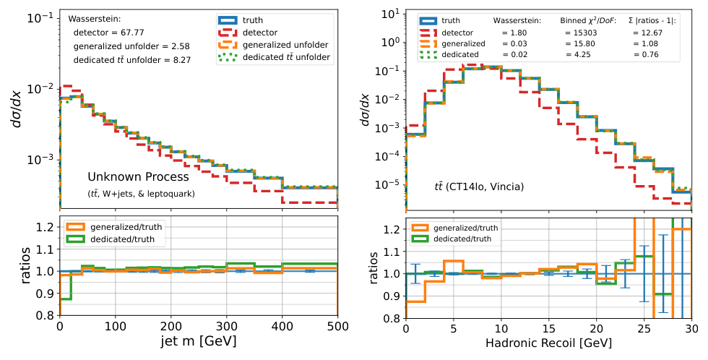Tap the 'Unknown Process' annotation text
click(138, 176)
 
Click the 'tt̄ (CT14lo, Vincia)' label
click(473, 187)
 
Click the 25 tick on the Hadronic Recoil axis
click(644, 328)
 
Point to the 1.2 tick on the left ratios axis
click(45, 228)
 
